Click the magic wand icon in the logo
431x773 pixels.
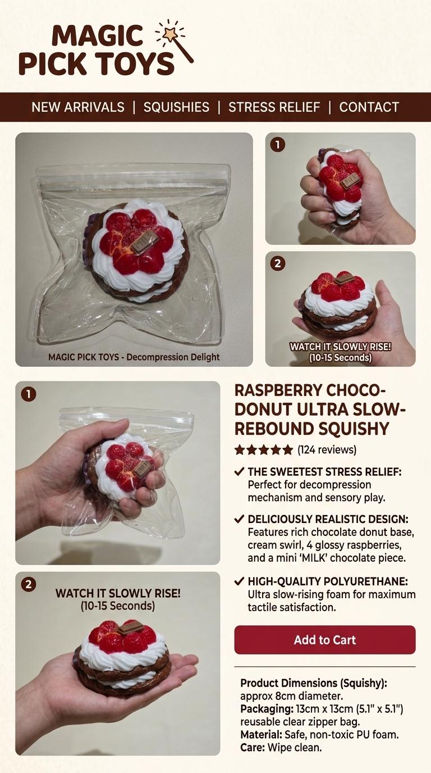point(175,39)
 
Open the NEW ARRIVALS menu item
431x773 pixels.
point(78,107)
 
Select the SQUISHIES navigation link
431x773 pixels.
point(176,107)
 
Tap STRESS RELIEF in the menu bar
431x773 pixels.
point(274,107)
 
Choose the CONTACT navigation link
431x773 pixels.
point(369,107)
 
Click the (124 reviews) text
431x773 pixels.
point(327,449)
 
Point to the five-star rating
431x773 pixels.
point(264,449)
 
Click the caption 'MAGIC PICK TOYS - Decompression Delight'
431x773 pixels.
point(134,357)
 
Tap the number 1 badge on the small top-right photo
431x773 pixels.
point(277,145)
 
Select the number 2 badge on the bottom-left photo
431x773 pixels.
point(28,585)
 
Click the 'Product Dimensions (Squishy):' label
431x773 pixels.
point(314,683)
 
